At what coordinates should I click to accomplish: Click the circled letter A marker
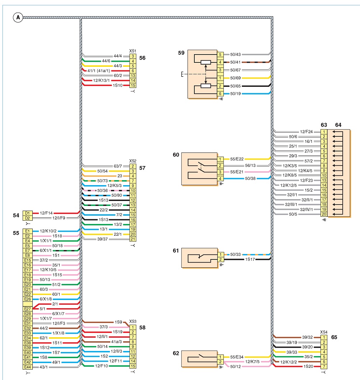click(x=18, y=18)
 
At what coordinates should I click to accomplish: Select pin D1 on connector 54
click(x=27, y=213)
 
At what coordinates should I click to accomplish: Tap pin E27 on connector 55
click(x=27, y=309)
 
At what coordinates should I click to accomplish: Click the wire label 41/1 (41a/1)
click(x=99, y=71)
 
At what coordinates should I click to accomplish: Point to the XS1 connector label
click(x=133, y=51)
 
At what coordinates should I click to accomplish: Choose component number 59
click(x=181, y=53)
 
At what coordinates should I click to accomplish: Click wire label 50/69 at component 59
click(x=235, y=78)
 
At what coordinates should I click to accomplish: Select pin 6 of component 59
click(x=220, y=94)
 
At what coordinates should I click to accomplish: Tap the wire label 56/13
click(x=250, y=165)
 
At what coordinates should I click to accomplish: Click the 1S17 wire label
click(x=250, y=259)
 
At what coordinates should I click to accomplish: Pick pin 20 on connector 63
click(x=324, y=214)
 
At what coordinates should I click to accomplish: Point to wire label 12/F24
click(x=306, y=132)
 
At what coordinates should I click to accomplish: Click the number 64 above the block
click(x=338, y=125)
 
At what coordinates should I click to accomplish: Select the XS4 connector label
click(x=324, y=332)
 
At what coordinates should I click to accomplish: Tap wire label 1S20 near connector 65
click(x=308, y=366)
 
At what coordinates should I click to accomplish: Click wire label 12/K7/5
click(x=252, y=362)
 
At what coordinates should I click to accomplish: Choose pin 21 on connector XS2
click(x=133, y=239)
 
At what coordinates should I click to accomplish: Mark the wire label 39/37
click(x=102, y=239)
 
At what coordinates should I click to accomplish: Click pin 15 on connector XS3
click(x=133, y=366)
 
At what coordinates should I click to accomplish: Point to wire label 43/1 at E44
click(x=44, y=367)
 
